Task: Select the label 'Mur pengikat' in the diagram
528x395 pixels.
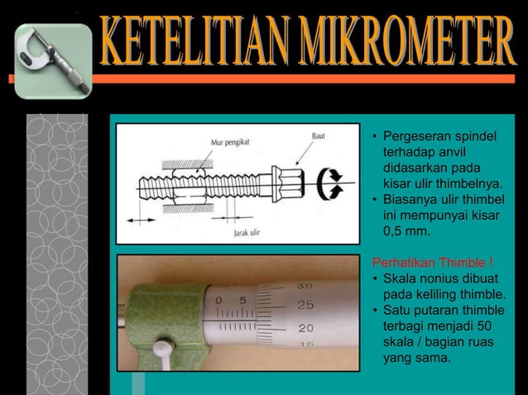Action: click(x=230, y=142)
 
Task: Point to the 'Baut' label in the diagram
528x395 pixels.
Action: click(x=318, y=134)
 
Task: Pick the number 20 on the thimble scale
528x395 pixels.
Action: click(x=305, y=328)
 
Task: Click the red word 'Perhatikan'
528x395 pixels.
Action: click(x=405, y=264)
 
